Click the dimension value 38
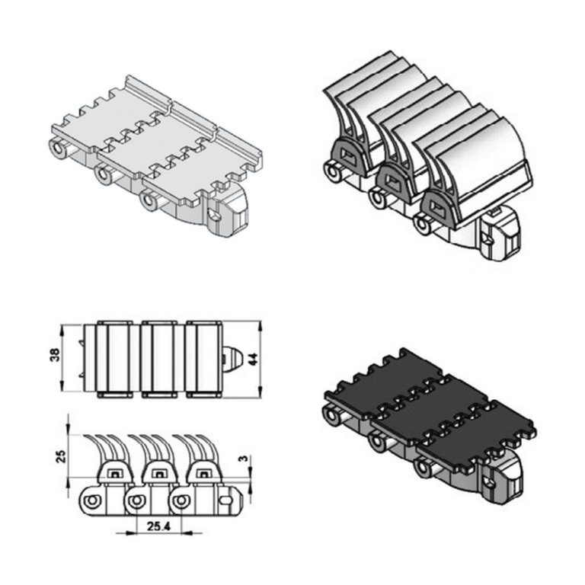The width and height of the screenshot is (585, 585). (x=55, y=357)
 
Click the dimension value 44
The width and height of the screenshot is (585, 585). (x=253, y=359)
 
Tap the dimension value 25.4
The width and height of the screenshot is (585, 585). (x=158, y=526)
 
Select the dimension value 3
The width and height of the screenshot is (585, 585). (x=243, y=458)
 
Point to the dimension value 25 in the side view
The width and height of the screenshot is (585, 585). (x=61, y=456)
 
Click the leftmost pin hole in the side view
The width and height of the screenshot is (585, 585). (x=91, y=501)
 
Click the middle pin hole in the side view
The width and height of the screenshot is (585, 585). (x=136, y=501)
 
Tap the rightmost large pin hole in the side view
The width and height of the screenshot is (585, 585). (x=181, y=501)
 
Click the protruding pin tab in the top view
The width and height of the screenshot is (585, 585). (x=232, y=359)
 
